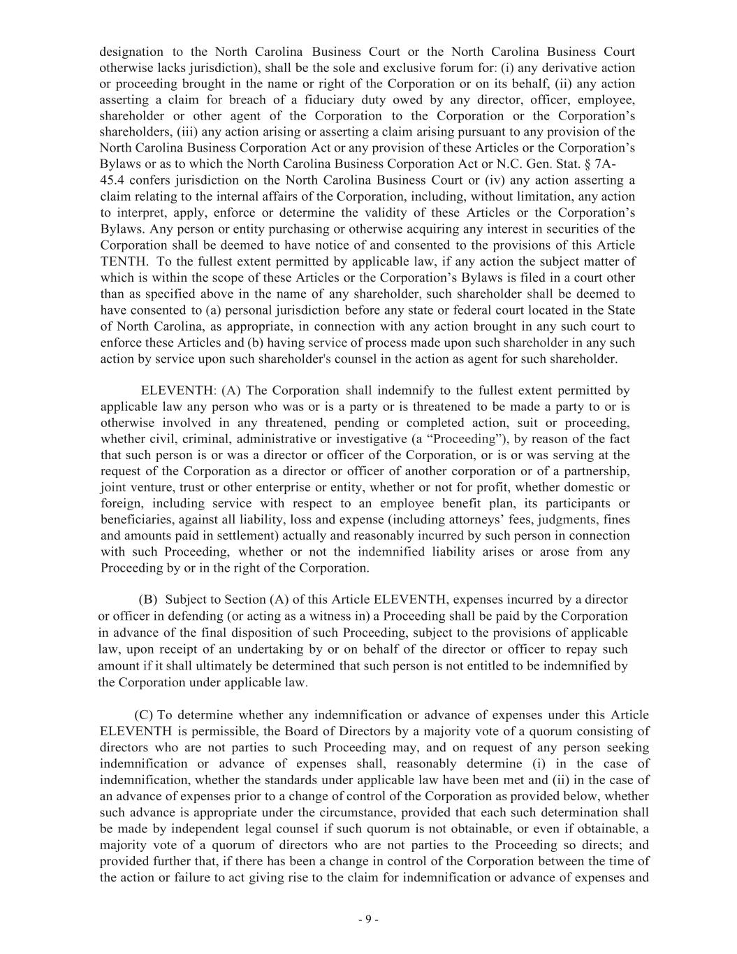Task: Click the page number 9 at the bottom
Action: pos(368,920)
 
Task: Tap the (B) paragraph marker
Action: pos(148,600)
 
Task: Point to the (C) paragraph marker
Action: pos(143,715)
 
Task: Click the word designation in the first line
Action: pos(132,52)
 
